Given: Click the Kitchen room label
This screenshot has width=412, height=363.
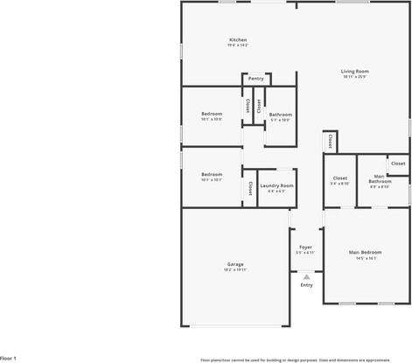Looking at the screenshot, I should [x=238, y=39].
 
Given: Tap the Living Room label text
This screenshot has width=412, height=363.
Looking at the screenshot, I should [x=355, y=71].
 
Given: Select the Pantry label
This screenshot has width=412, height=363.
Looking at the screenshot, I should [x=256, y=79].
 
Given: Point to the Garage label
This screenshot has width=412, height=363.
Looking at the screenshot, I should [x=235, y=264].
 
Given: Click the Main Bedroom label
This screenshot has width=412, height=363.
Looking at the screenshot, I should [x=366, y=253].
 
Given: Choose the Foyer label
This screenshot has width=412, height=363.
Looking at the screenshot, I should [x=306, y=248].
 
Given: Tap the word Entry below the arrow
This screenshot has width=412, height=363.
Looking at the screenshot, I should [x=306, y=285].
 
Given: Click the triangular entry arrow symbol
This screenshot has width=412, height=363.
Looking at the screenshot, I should [x=306, y=276].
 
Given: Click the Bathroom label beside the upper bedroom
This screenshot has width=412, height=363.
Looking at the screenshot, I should [x=281, y=115].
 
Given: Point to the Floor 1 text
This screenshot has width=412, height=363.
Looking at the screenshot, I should [x=9, y=359].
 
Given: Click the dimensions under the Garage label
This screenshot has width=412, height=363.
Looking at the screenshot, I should [x=235, y=269].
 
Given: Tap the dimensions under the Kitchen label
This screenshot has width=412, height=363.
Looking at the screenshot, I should [x=238, y=45].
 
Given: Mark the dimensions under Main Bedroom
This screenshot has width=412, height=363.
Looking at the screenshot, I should [x=366, y=258].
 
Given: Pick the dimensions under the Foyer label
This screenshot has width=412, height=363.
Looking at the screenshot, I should [x=306, y=253].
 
